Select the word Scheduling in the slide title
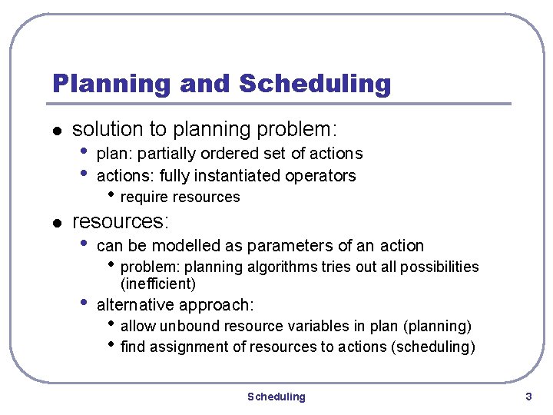point(315,83)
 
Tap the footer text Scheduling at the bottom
point(276,397)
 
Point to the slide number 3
point(528,397)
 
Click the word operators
point(320,176)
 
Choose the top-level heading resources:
point(121,222)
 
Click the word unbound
point(182,326)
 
